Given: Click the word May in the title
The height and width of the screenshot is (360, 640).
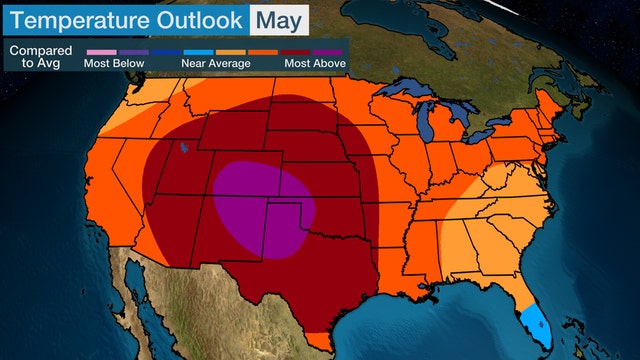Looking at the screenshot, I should (277, 18).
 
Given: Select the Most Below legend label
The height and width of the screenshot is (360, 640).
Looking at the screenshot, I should (115, 63).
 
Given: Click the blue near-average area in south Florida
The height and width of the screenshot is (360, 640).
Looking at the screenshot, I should (538, 322).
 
